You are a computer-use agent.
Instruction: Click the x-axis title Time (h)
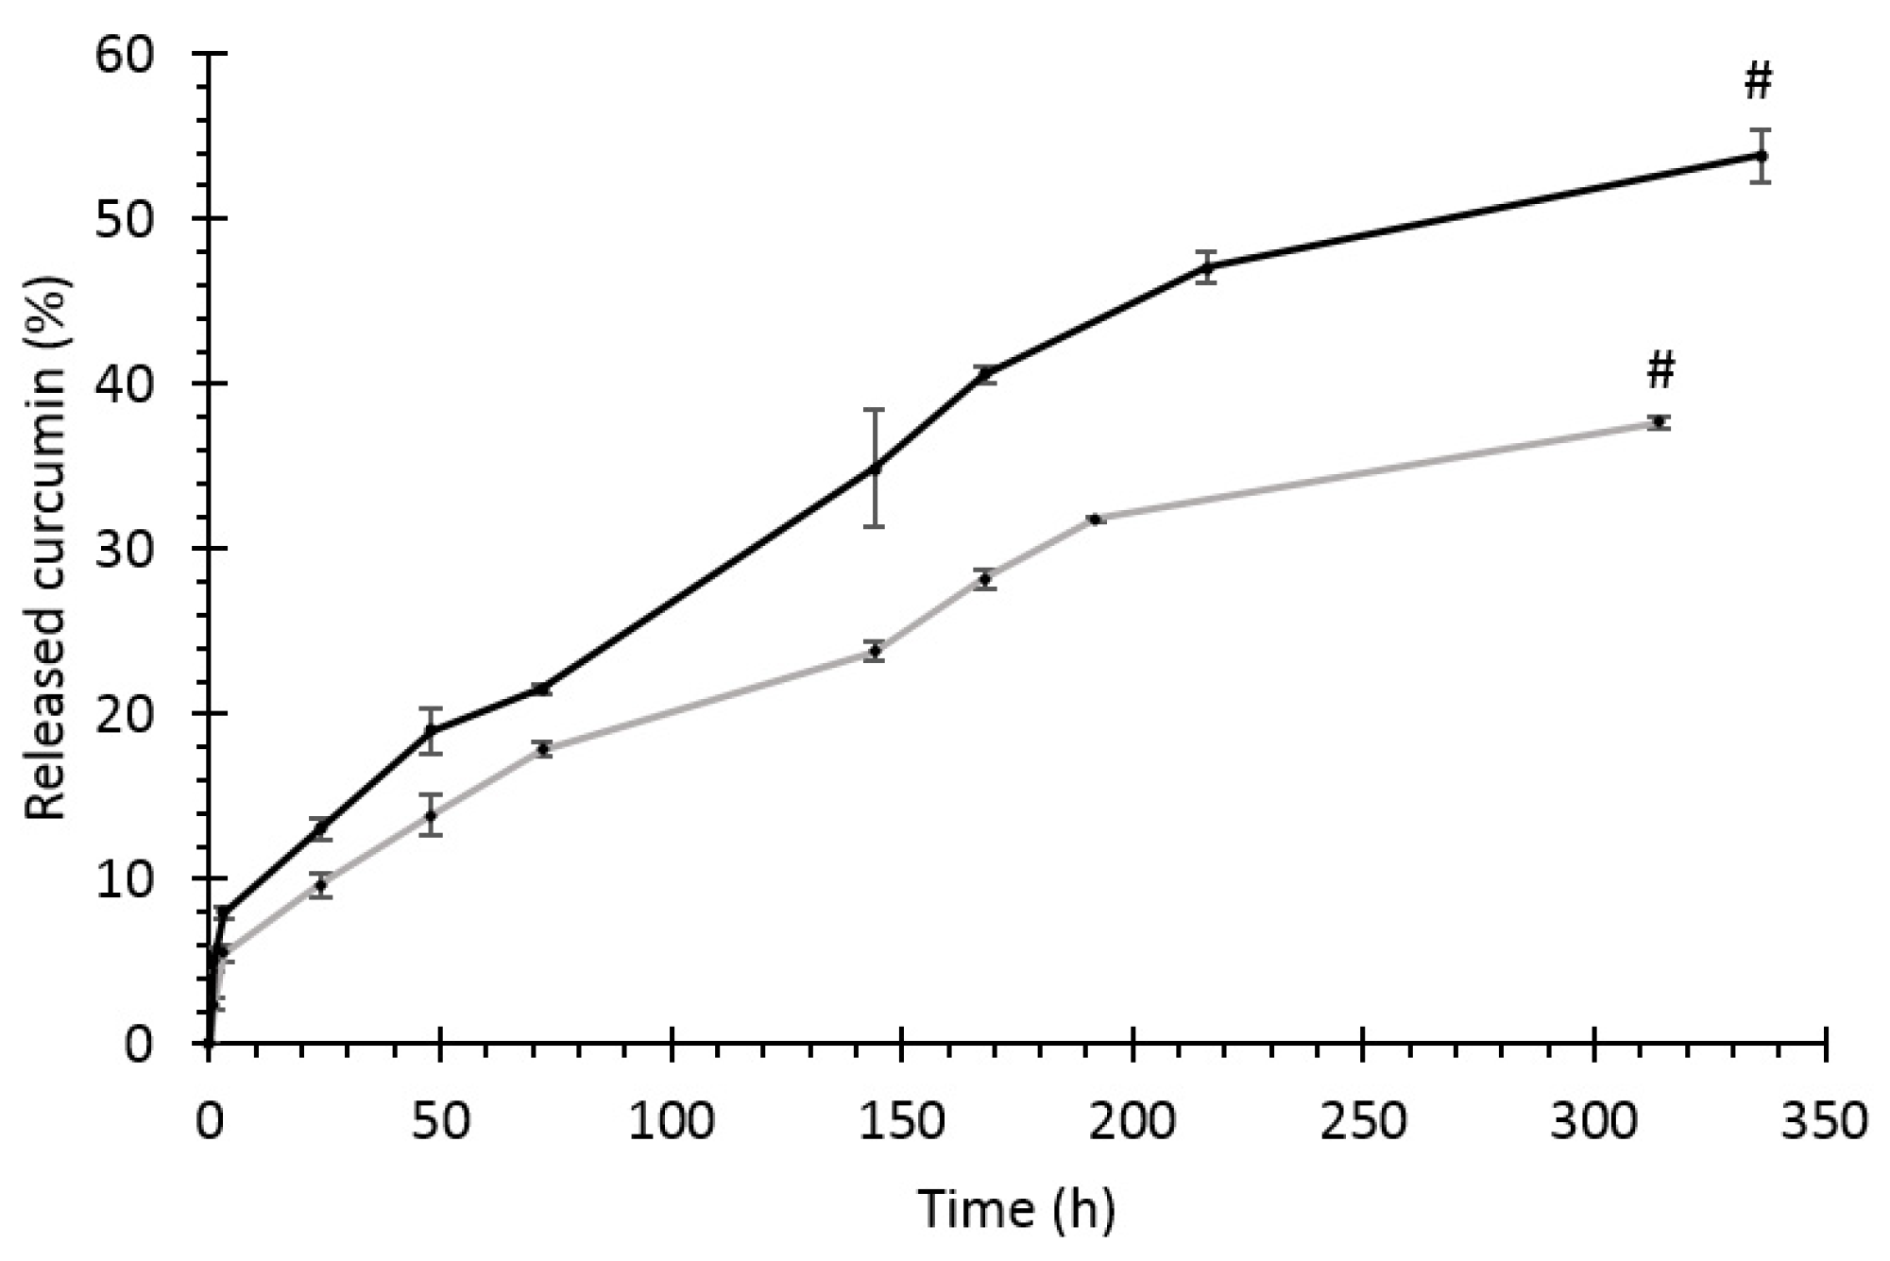point(1016,1210)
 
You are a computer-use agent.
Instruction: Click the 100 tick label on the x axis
point(671,1122)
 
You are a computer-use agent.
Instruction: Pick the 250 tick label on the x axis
point(1363,1122)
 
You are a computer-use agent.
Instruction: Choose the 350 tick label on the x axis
point(1825,1122)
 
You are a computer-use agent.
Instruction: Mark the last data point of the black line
point(1760,155)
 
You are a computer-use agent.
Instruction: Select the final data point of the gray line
point(1658,422)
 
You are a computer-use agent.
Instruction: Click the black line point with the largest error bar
point(875,469)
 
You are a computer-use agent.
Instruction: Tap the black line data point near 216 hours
point(1206,267)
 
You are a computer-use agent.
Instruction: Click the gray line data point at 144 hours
point(875,651)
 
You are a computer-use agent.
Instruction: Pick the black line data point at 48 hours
point(431,730)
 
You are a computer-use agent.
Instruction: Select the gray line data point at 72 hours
point(542,749)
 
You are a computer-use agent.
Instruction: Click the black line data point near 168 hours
point(986,374)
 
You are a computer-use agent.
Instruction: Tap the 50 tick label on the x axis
point(440,1122)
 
